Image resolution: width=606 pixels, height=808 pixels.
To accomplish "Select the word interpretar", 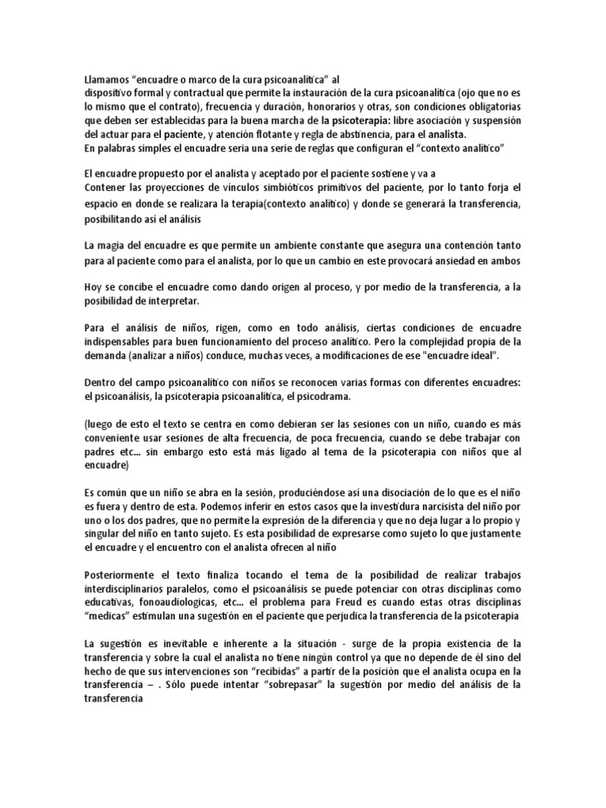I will pos(178,301).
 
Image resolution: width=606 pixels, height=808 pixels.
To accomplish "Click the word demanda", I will pos(107,357).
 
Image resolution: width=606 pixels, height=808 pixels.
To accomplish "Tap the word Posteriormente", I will pos(122,574).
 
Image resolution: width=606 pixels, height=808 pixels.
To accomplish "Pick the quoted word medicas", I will pos(107,615).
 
